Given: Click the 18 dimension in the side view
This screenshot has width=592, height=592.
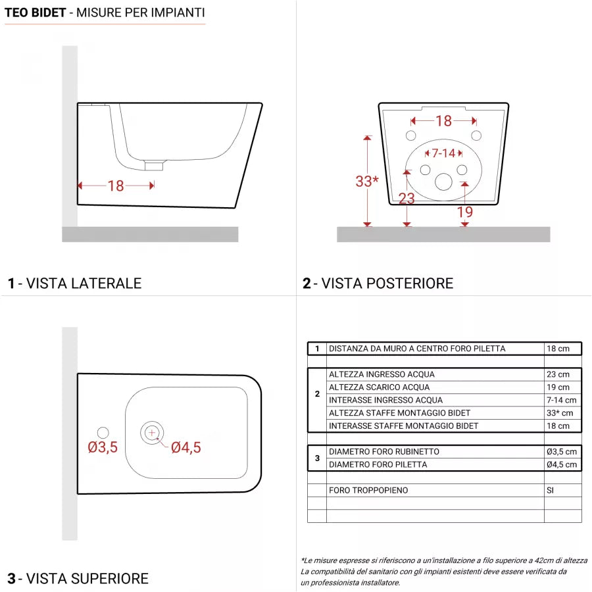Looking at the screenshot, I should pos(116,186).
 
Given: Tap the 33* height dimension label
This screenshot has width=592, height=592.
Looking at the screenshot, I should pos(366,182).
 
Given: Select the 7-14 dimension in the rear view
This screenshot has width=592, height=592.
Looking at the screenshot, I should pos(443,153).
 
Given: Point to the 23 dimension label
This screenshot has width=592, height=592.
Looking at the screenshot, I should pos(407,198).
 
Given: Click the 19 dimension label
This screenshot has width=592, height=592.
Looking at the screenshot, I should pos(464,212).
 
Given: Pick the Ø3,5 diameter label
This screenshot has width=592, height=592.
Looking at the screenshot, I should pos(103,448).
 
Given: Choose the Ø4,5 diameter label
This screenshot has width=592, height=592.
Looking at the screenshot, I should pos(186,448).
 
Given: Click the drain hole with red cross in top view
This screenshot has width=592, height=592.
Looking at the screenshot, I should pos(152,432).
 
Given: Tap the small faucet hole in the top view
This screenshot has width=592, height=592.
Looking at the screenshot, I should pos(103,432).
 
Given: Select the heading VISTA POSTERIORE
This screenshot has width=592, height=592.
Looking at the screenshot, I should pos(387,284).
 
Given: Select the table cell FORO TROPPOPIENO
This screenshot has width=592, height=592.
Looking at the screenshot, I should pos(368,490).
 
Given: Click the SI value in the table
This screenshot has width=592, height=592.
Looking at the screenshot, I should pos(551,490).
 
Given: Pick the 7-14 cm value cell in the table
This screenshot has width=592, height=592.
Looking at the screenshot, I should pos(561,400).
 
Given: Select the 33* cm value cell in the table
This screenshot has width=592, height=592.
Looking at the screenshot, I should pos(560,413).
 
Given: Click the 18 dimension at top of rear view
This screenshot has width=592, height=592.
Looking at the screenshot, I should pos(444,121).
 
